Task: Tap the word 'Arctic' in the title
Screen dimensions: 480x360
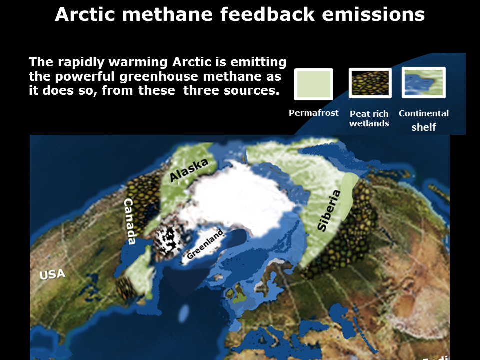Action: pos(85,14)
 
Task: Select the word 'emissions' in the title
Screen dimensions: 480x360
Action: pos(373,14)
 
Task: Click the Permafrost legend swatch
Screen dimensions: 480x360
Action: pos(314,84)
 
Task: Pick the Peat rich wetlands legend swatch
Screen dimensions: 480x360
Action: pos(370,83)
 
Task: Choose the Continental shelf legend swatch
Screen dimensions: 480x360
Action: pos(424,82)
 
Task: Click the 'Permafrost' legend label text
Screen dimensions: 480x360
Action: pos(314,113)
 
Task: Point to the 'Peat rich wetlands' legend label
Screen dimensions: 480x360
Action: pos(369,119)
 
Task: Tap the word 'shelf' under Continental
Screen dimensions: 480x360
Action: pos(424,127)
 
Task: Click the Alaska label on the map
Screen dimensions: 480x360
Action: pos(189,170)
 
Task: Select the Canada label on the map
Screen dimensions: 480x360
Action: pos(130,221)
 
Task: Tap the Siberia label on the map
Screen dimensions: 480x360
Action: pos(329,210)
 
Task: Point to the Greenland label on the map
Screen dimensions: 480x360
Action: pos(205,244)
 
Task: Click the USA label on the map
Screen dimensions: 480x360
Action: pos(52,274)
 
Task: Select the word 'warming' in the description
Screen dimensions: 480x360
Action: pos(138,62)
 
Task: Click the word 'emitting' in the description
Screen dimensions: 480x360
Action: pos(258,62)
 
